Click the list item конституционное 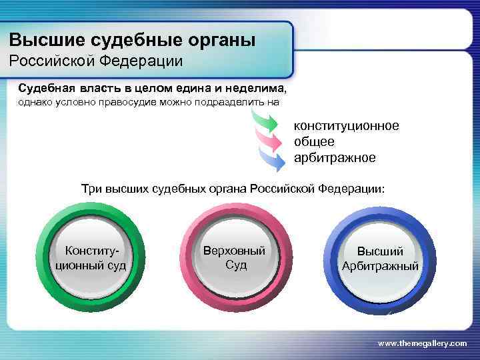[x=346, y=126]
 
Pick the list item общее [x=314, y=142]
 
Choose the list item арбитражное [x=335, y=158]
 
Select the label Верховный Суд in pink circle [x=235, y=257]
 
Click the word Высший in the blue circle [x=380, y=251]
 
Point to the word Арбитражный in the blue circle [x=380, y=267]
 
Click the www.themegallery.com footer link [x=422, y=343]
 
